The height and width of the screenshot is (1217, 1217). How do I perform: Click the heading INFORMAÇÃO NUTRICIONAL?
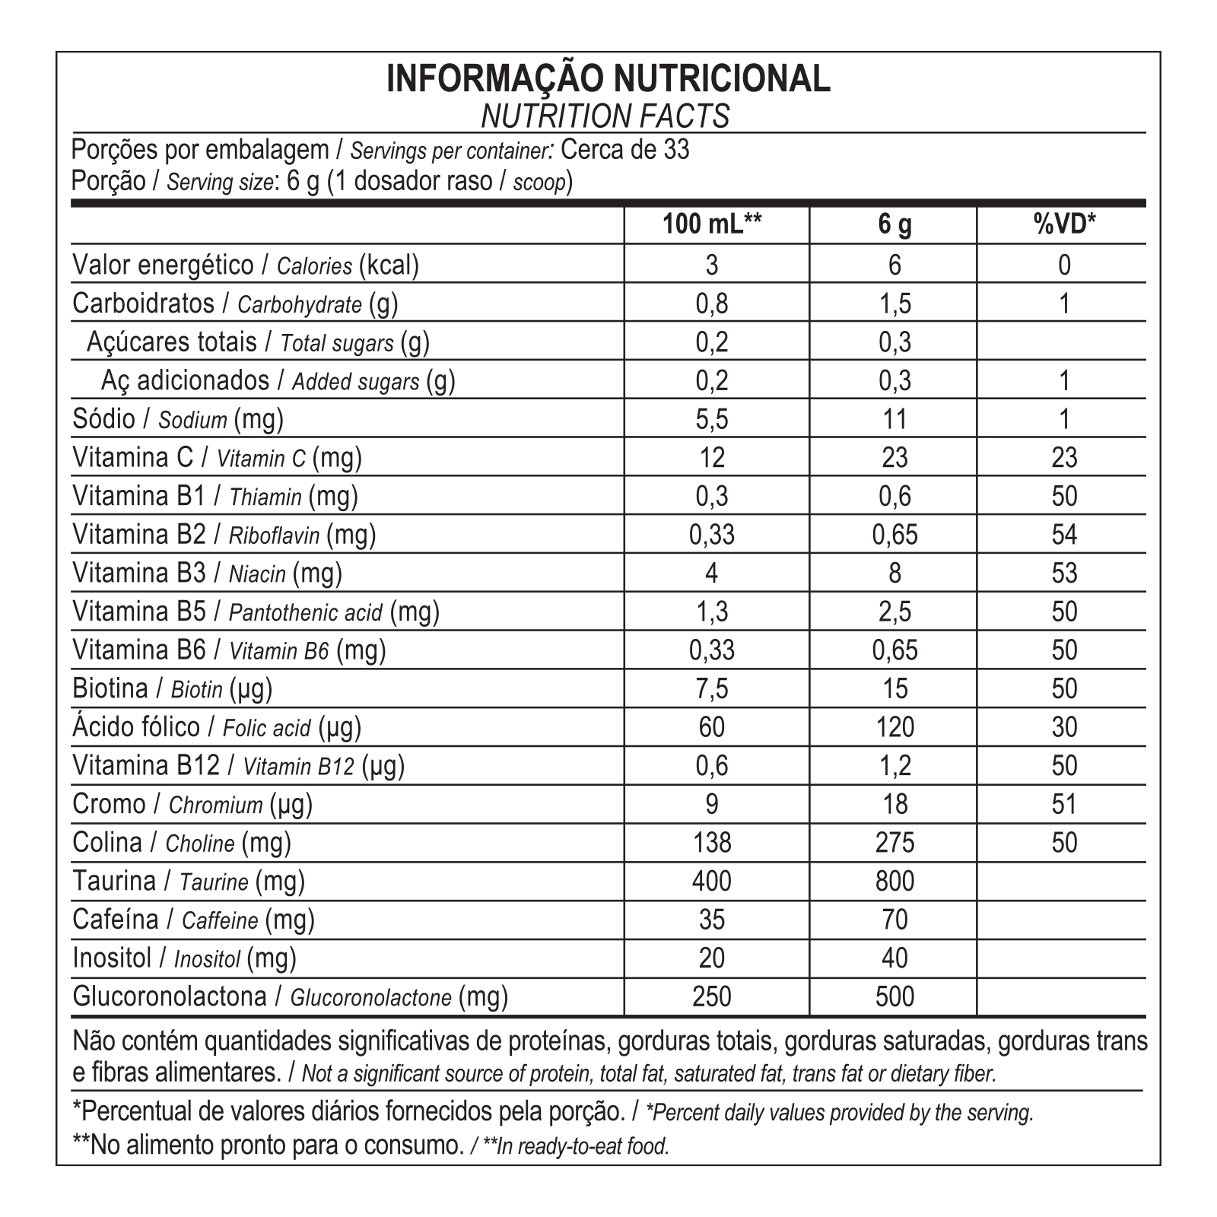click(x=608, y=79)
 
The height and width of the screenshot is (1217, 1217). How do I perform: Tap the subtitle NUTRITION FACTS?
click(x=605, y=116)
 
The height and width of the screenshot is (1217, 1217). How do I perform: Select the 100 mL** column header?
click(x=712, y=224)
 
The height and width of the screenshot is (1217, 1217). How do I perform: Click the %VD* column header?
click(x=1063, y=224)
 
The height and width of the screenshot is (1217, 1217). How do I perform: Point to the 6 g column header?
click(x=894, y=224)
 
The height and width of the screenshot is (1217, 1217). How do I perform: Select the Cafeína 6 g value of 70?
click(x=894, y=920)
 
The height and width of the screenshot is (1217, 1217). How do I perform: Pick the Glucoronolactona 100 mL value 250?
click(x=712, y=996)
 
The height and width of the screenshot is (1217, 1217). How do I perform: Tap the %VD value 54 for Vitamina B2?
click(x=1063, y=535)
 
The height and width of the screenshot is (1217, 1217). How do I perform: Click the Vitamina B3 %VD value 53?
click(x=1063, y=573)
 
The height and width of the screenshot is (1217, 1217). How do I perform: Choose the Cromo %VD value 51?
click(x=1063, y=804)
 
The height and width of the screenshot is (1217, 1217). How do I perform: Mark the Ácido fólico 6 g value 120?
click(x=894, y=727)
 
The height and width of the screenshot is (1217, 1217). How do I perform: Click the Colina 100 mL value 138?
click(x=712, y=843)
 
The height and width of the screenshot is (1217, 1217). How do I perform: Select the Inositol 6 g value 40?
click(x=894, y=958)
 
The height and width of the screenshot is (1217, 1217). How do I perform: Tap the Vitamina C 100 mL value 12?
click(x=712, y=457)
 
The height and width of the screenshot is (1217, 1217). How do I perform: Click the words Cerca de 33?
click(x=624, y=150)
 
